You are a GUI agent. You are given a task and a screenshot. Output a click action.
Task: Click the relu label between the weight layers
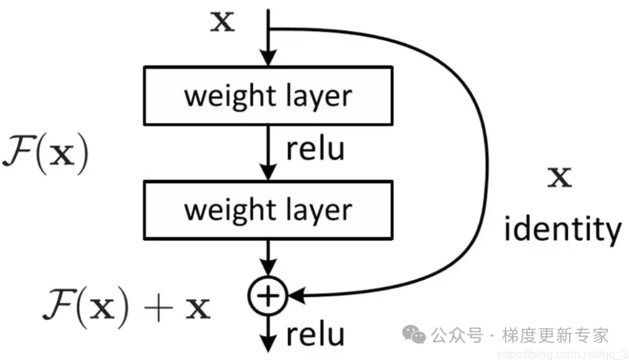[315, 149]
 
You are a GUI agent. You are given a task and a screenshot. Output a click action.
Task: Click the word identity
[562, 230]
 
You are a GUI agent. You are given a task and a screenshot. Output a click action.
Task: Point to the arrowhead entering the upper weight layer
[268, 58]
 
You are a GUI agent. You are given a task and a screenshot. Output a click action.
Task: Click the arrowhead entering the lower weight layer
[268, 172]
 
